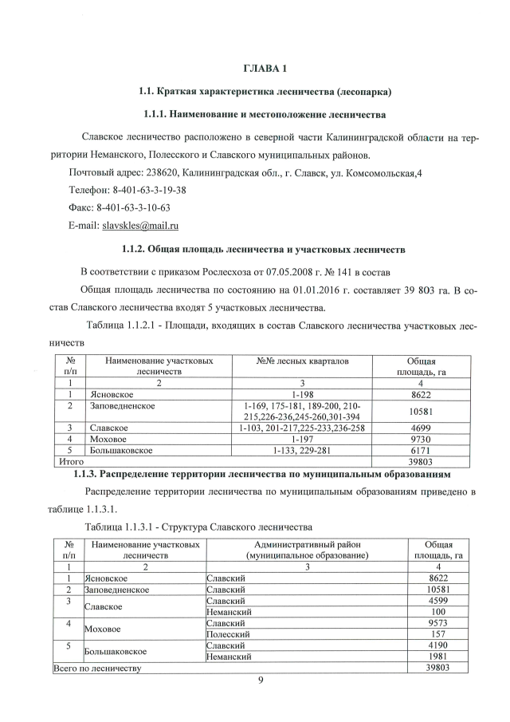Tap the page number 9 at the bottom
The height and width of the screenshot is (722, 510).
(x=260, y=681)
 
